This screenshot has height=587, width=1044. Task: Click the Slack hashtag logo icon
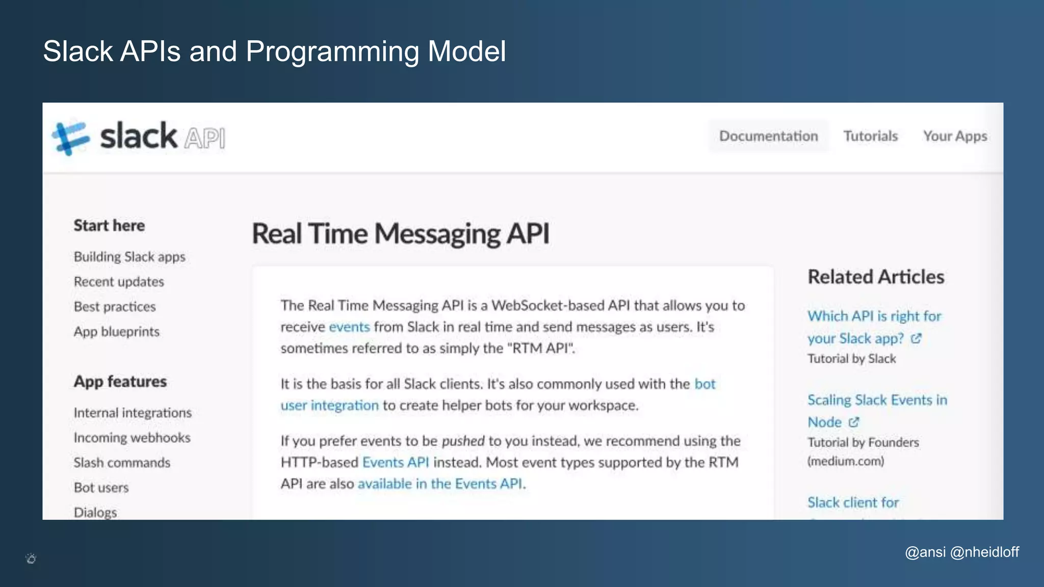point(70,138)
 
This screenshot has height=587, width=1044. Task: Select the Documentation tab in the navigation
point(768,136)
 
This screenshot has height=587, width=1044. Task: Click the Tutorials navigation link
point(870,136)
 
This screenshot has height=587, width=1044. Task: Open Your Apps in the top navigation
point(955,136)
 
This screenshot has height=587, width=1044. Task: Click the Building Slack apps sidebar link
point(129,257)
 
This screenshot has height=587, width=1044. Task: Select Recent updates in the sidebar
point(119,282)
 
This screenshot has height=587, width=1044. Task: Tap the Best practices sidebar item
point(115,307)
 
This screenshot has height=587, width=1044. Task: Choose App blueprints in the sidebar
point(117,332)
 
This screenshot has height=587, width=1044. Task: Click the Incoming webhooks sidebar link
point(132,438)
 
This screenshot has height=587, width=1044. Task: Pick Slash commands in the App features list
point(122,463)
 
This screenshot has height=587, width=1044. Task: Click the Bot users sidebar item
point(101,488)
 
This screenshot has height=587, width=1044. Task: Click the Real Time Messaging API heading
point(401,234)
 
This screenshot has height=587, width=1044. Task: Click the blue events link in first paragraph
point(349,327)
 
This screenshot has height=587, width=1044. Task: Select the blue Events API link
point(396,463)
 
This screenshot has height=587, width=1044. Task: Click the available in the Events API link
point(441,484)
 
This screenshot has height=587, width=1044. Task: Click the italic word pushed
point(463,441)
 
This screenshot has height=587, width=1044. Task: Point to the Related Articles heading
point(876,277)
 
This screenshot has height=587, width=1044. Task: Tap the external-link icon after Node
point(854,422)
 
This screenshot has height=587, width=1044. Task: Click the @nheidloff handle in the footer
point(985,552)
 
